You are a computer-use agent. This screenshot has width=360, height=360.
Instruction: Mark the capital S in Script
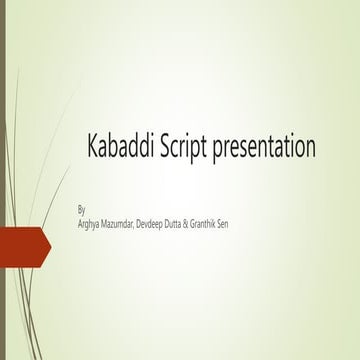coord(165,148)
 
